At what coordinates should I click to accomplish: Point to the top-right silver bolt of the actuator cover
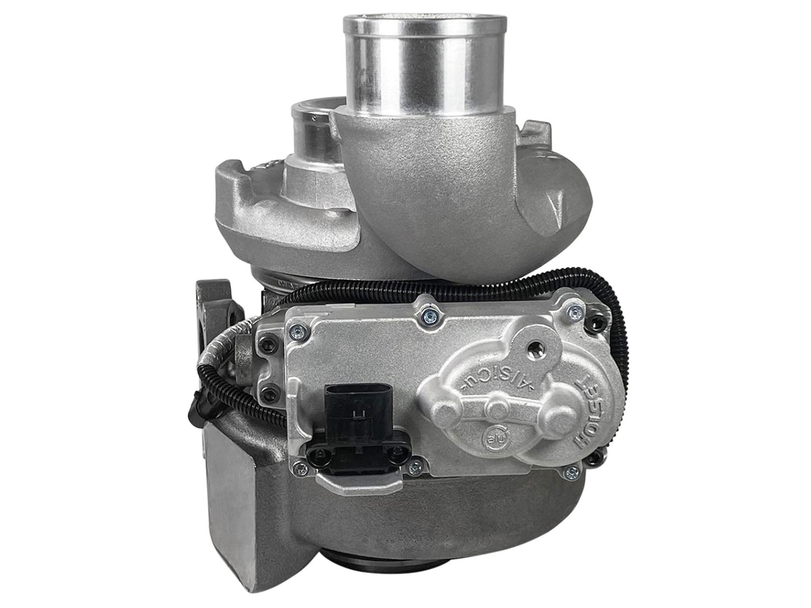[x=574, y=310]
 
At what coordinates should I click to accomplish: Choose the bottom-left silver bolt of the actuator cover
[x=415, y=465]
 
